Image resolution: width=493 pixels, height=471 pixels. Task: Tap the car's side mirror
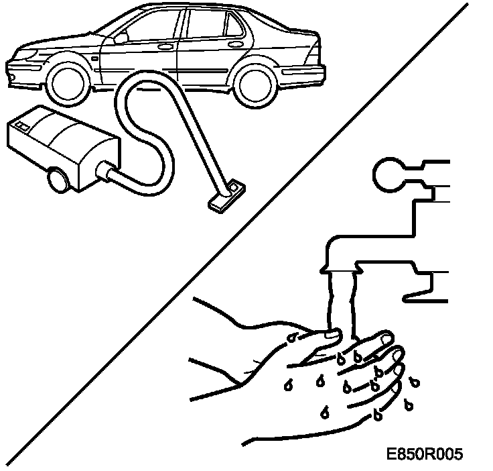[121, 38]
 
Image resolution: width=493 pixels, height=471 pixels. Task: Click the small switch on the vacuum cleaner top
[22, 125]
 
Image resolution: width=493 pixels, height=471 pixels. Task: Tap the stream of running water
[341, 299]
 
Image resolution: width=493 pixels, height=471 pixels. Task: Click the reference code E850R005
[424, 455]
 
